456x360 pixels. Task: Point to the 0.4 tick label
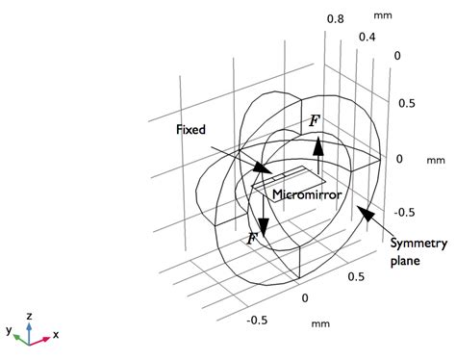pos(367,38)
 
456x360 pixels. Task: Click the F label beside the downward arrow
pos(253,237)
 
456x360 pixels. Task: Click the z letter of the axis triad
pos(31,315)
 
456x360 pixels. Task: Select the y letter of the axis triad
pos(8,330)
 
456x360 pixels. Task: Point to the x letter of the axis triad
pos(57,335)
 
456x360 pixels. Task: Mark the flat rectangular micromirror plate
pos(289,179)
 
